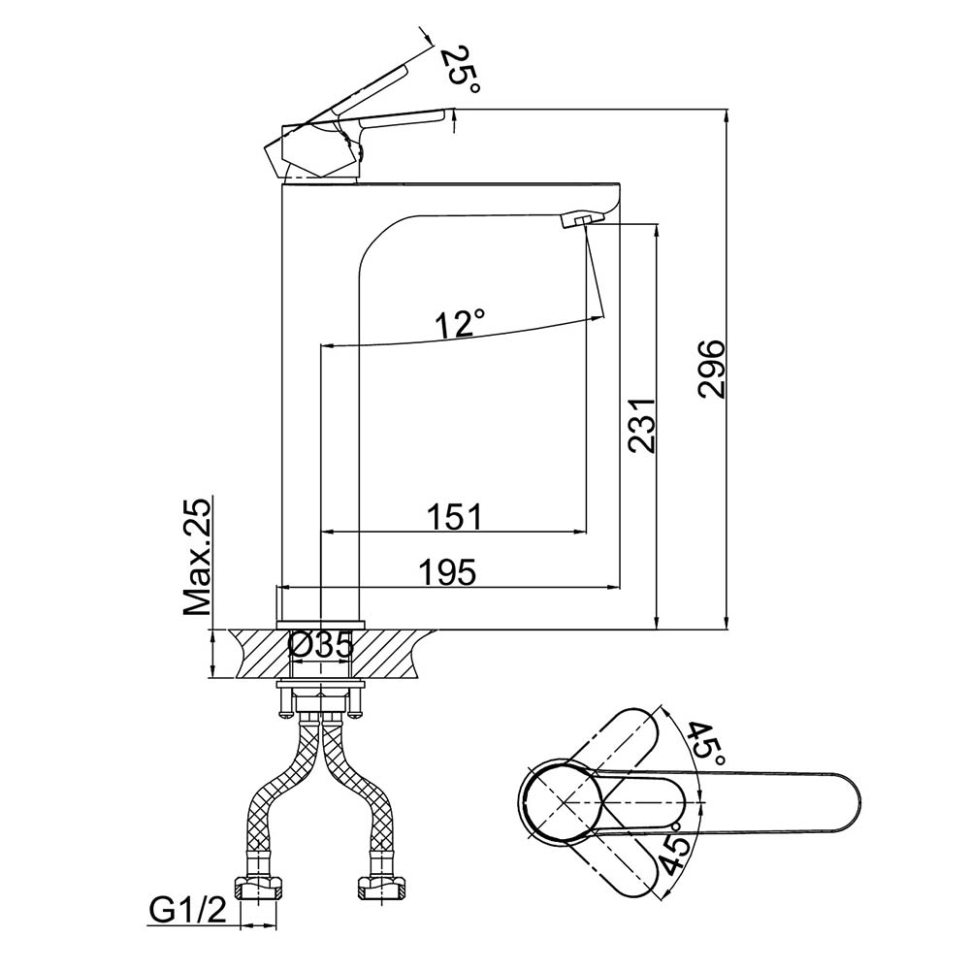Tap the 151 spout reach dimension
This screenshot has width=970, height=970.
coord(455,516)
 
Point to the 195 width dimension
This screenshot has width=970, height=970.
coord(449,572)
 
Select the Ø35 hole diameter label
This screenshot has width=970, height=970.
coord(320,643)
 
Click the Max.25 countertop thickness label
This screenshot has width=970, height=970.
coord(199,558)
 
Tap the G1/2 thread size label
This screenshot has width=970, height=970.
coord(187,909)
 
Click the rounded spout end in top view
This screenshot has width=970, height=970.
coord(839,802)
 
